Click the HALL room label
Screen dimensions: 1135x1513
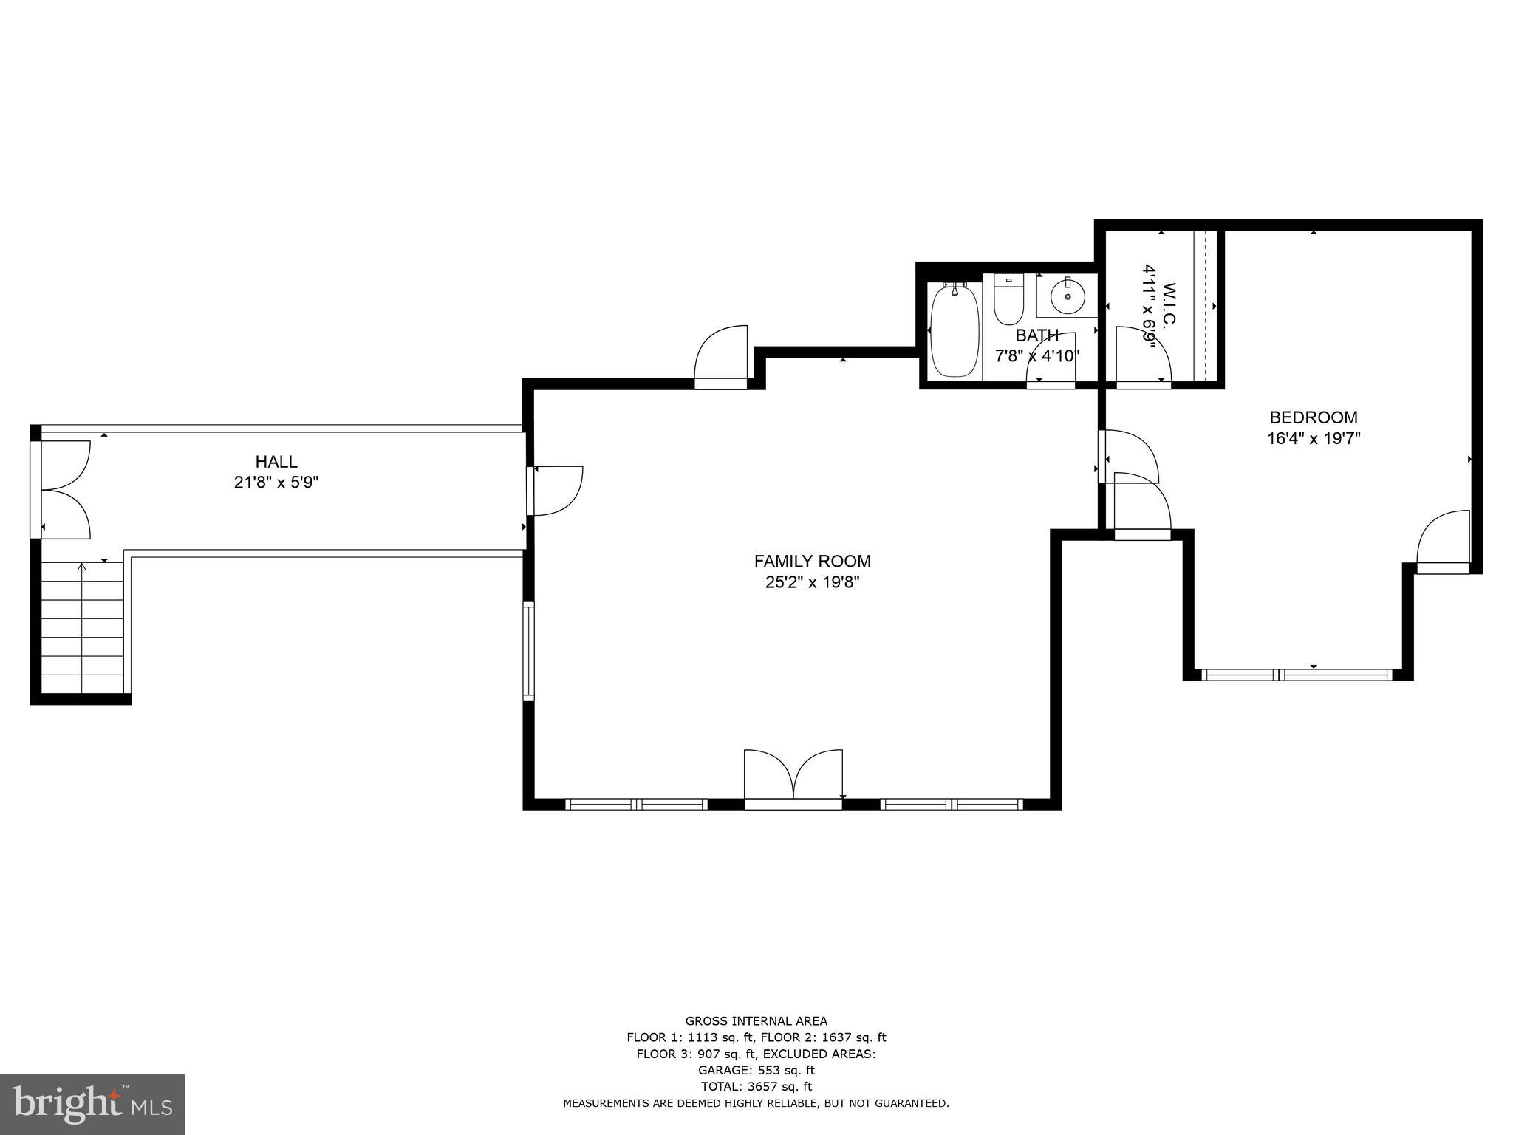tap(276, 462)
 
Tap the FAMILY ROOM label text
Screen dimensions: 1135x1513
tap(812, 561)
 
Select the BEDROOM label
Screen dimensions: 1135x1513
tap(1313, 417)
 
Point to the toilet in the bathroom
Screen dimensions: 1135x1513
tap(1008, 299)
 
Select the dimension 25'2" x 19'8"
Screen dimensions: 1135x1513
tap(812, 582)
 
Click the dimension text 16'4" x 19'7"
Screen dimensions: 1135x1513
tap(1314, 438)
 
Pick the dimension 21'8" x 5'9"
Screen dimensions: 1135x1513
tap(276, 483)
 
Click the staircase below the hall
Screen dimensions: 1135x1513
tap(81, 628)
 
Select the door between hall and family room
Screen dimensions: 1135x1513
tap(556, 490)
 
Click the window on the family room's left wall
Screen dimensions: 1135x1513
tap(528, 650)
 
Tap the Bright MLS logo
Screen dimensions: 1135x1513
tap(92, 1104)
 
